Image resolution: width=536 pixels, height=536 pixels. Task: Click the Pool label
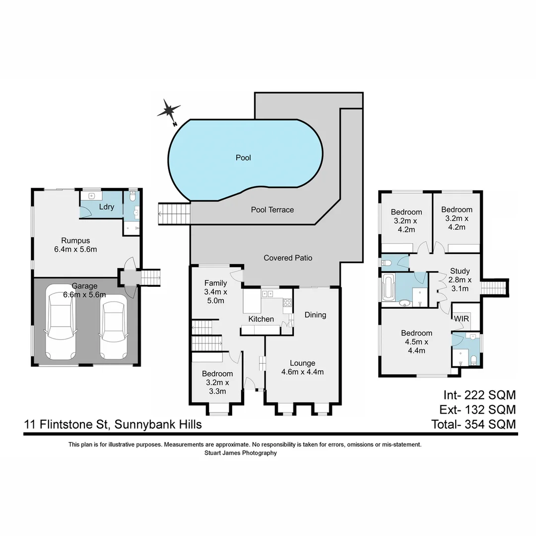click(x=243, y=158)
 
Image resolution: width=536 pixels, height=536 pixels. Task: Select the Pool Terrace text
click(x=272, y=210)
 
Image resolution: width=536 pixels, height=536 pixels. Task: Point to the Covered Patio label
click(x=288, y=258)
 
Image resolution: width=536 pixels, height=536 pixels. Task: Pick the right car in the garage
click(x=113, y=327)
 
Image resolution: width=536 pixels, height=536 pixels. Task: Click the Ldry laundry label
click(x=107, y=207)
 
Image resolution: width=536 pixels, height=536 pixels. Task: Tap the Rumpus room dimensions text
click(x=75, y=249)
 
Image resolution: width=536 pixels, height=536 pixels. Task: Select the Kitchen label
click(x=261, y=319)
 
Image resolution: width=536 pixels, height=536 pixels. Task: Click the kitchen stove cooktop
click(x=286, y=302)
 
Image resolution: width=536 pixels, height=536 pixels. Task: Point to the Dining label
click(x=315, y=315)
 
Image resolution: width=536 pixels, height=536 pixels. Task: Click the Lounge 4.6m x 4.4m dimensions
click(x=302, y=372)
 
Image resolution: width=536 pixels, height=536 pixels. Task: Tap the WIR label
click(x=462, y=318)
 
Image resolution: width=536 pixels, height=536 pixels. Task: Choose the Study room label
click(x=460, y=271)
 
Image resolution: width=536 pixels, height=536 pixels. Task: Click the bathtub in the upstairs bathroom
click(x=388, y=288)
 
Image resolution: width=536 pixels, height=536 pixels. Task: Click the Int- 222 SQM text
click(x=479, y=395)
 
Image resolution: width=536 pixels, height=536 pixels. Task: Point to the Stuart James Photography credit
click(x=241, y=453)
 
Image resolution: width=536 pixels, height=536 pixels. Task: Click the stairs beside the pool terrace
click(x=174, y=213)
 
